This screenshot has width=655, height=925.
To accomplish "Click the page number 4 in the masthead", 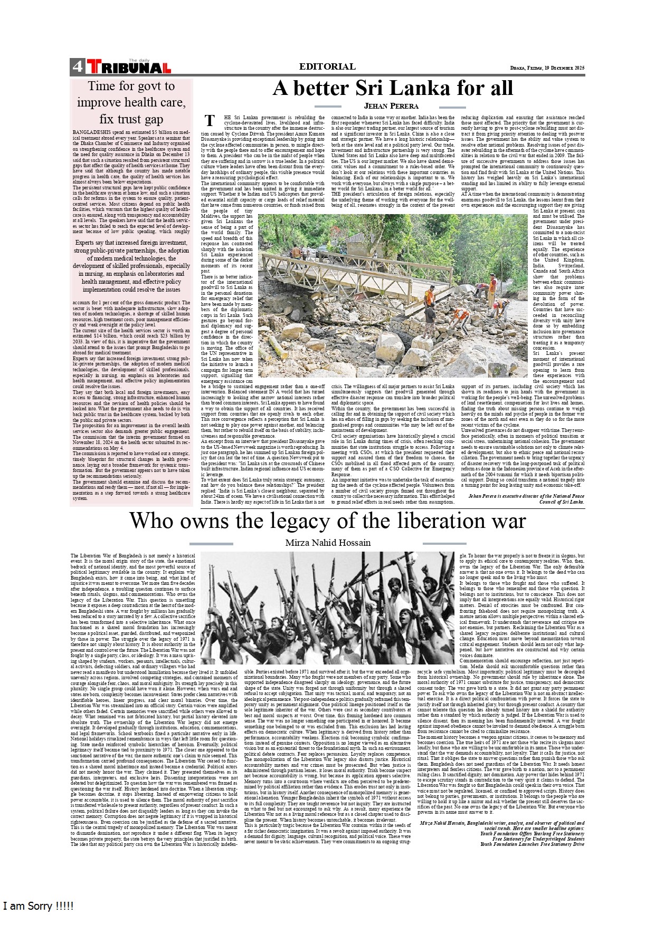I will [77, 67].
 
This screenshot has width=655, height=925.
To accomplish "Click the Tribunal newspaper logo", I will [129, 67].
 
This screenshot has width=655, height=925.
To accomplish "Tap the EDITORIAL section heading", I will [327, 66].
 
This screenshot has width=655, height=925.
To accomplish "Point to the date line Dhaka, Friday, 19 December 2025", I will [547, 68].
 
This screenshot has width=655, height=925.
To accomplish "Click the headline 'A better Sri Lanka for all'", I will [392, 88].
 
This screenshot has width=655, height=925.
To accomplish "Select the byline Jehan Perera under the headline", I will [391, 106].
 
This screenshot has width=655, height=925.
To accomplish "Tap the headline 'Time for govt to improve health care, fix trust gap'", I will [131, 102].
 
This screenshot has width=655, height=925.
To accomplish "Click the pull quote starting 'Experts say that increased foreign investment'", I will [131, 266].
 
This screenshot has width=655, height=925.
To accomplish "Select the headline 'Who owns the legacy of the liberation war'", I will [327, 521].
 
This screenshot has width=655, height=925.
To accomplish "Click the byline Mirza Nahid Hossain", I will [328, 543].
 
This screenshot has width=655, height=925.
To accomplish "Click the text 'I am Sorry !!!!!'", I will [38, 906].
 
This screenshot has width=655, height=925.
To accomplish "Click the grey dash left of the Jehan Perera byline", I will [327, 107].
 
